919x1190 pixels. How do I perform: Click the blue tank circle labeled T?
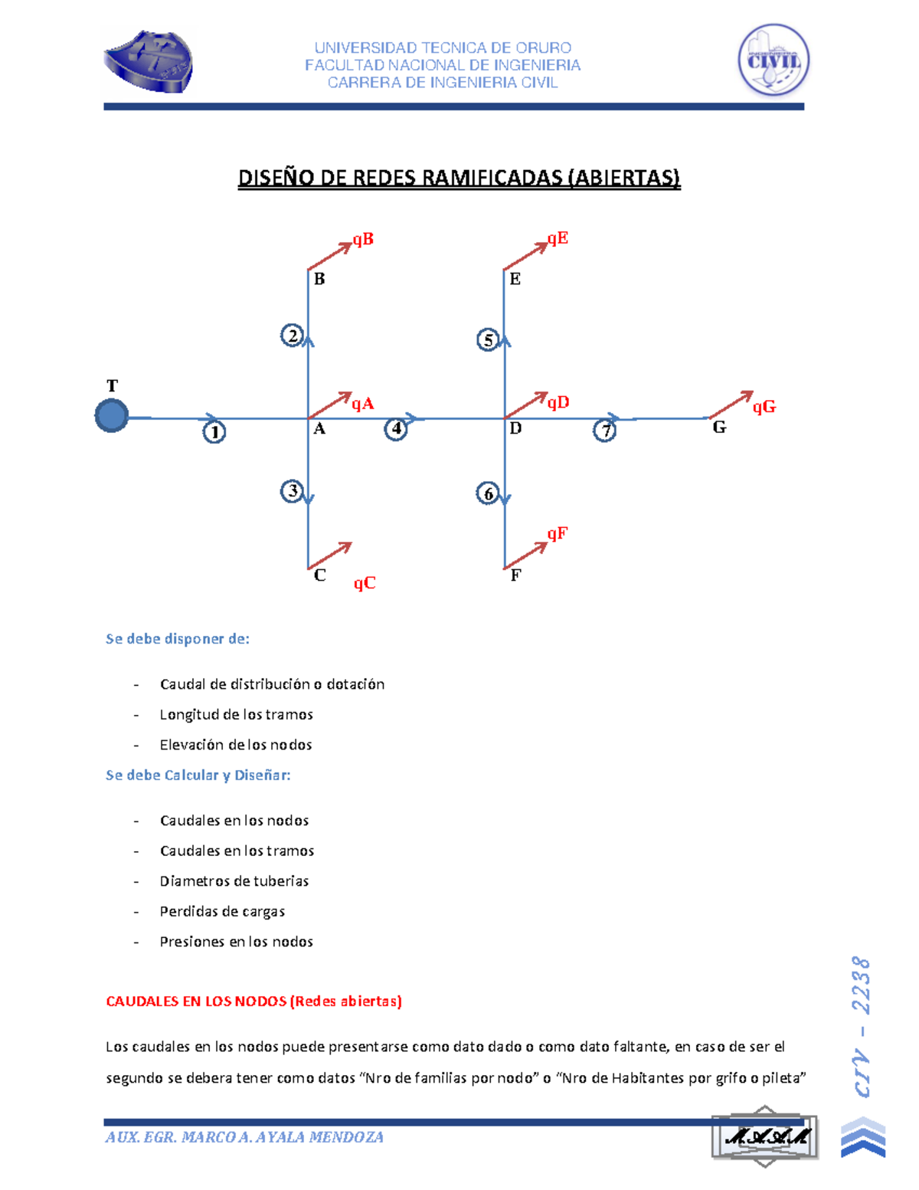(112, 416)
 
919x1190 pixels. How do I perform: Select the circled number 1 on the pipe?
(214, 432)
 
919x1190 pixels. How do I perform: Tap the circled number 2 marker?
(292, 336)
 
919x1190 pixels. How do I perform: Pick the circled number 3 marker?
(292, 490)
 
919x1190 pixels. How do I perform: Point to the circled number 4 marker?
(395, 429)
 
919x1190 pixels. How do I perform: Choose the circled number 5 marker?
(488, 339)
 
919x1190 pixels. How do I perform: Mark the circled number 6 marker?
(488, 493)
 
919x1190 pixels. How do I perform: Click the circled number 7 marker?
(605, 431)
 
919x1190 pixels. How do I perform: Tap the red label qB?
(363, 240)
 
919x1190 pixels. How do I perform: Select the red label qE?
(558, 238)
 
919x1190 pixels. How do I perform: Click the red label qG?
(764, 407)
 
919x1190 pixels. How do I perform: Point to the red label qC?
(365, 583)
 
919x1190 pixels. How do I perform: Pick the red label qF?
(557, 533)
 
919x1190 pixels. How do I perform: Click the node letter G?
(719, 428)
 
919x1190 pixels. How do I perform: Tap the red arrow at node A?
(329, 405)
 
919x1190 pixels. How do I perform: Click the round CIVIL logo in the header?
(773, 60)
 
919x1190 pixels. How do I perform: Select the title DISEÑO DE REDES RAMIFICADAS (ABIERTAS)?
(459, 178)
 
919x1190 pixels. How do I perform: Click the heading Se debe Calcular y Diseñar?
(198, 775)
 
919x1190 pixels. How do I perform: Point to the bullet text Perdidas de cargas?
(222, 912)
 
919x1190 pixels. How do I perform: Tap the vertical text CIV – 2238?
(862, 1027)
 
